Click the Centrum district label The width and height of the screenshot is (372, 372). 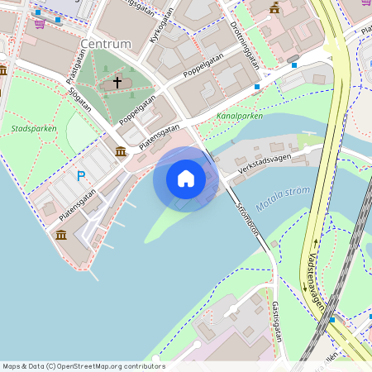[x=107, y=42]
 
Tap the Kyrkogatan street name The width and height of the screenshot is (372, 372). [x=160, y=29]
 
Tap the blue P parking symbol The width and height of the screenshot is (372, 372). [x=81, y=175]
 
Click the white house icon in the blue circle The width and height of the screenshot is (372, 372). [x=186, y=178]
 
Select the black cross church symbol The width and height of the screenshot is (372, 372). [x=117, y=82]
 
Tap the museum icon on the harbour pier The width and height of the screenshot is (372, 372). [x=61, y=235]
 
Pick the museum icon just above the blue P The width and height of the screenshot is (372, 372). [x=122, y=151]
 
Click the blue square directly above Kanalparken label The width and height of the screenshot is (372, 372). [x=256, y=87]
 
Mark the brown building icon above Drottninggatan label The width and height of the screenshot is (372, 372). [x=274, y=7]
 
